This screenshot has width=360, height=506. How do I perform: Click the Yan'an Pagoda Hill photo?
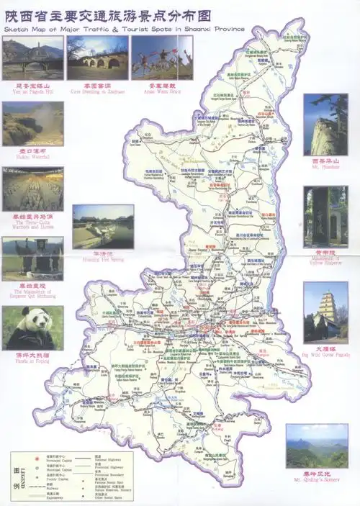click(x=32, y=58)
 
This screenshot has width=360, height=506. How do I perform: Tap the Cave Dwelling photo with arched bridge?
click(x=97, y=58)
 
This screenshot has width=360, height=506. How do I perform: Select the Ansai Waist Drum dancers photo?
click(x=162, y=58)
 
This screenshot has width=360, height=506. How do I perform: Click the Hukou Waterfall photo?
click(x=32, y=125)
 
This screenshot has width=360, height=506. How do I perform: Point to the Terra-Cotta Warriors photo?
click(x=32, y=189)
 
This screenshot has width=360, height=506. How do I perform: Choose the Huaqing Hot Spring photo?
click(x=103, y=227)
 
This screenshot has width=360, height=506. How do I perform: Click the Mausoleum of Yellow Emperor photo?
click(x=325, y=217)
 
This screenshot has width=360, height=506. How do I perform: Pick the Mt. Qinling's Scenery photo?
click(x=317, y=446)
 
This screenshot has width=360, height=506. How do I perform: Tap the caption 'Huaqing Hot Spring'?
click(x=103, y=260)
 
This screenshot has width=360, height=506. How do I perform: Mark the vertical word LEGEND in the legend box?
click(x=22, y=476)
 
